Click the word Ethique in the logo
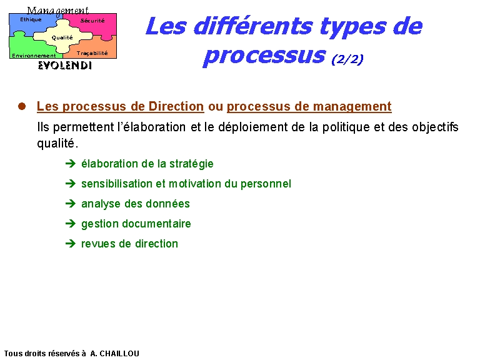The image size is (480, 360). (31, 19)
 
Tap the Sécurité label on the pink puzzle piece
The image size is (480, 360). (92, 21)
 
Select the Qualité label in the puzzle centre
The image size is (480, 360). (62, 37)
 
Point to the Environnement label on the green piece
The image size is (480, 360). (34, 56)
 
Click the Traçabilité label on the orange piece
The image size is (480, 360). (92, 53)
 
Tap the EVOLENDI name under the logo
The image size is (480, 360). (65, 66)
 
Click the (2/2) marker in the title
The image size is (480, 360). (347, 59)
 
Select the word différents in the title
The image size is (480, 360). (254, 26)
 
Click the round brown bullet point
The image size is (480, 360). (22, 106)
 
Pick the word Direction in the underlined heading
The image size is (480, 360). (176, 106)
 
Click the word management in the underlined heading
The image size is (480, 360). (352, 106)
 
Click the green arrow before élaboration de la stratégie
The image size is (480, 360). (71, 164)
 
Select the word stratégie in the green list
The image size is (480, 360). (191, 164)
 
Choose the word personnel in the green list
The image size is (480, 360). (266, 184)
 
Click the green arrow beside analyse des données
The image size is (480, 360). (71, 204)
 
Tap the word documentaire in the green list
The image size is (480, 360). (156, 224)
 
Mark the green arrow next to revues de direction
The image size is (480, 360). (71, 244)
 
